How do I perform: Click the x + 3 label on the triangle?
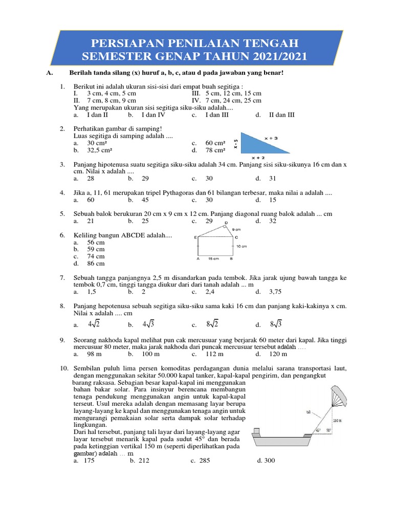click(271, 138)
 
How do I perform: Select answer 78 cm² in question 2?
click(215, 150)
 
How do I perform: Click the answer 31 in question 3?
click(272, 179)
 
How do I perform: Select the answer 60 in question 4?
click(91, 200)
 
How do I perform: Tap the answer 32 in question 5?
click(272, 221)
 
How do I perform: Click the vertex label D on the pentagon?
click(226, 223)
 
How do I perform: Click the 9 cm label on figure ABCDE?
click(236, 230)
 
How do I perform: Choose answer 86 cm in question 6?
click(96, 264)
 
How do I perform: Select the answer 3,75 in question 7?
click(275, 292)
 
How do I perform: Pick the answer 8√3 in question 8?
click(276, 324)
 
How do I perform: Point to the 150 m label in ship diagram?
click(336, 421)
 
